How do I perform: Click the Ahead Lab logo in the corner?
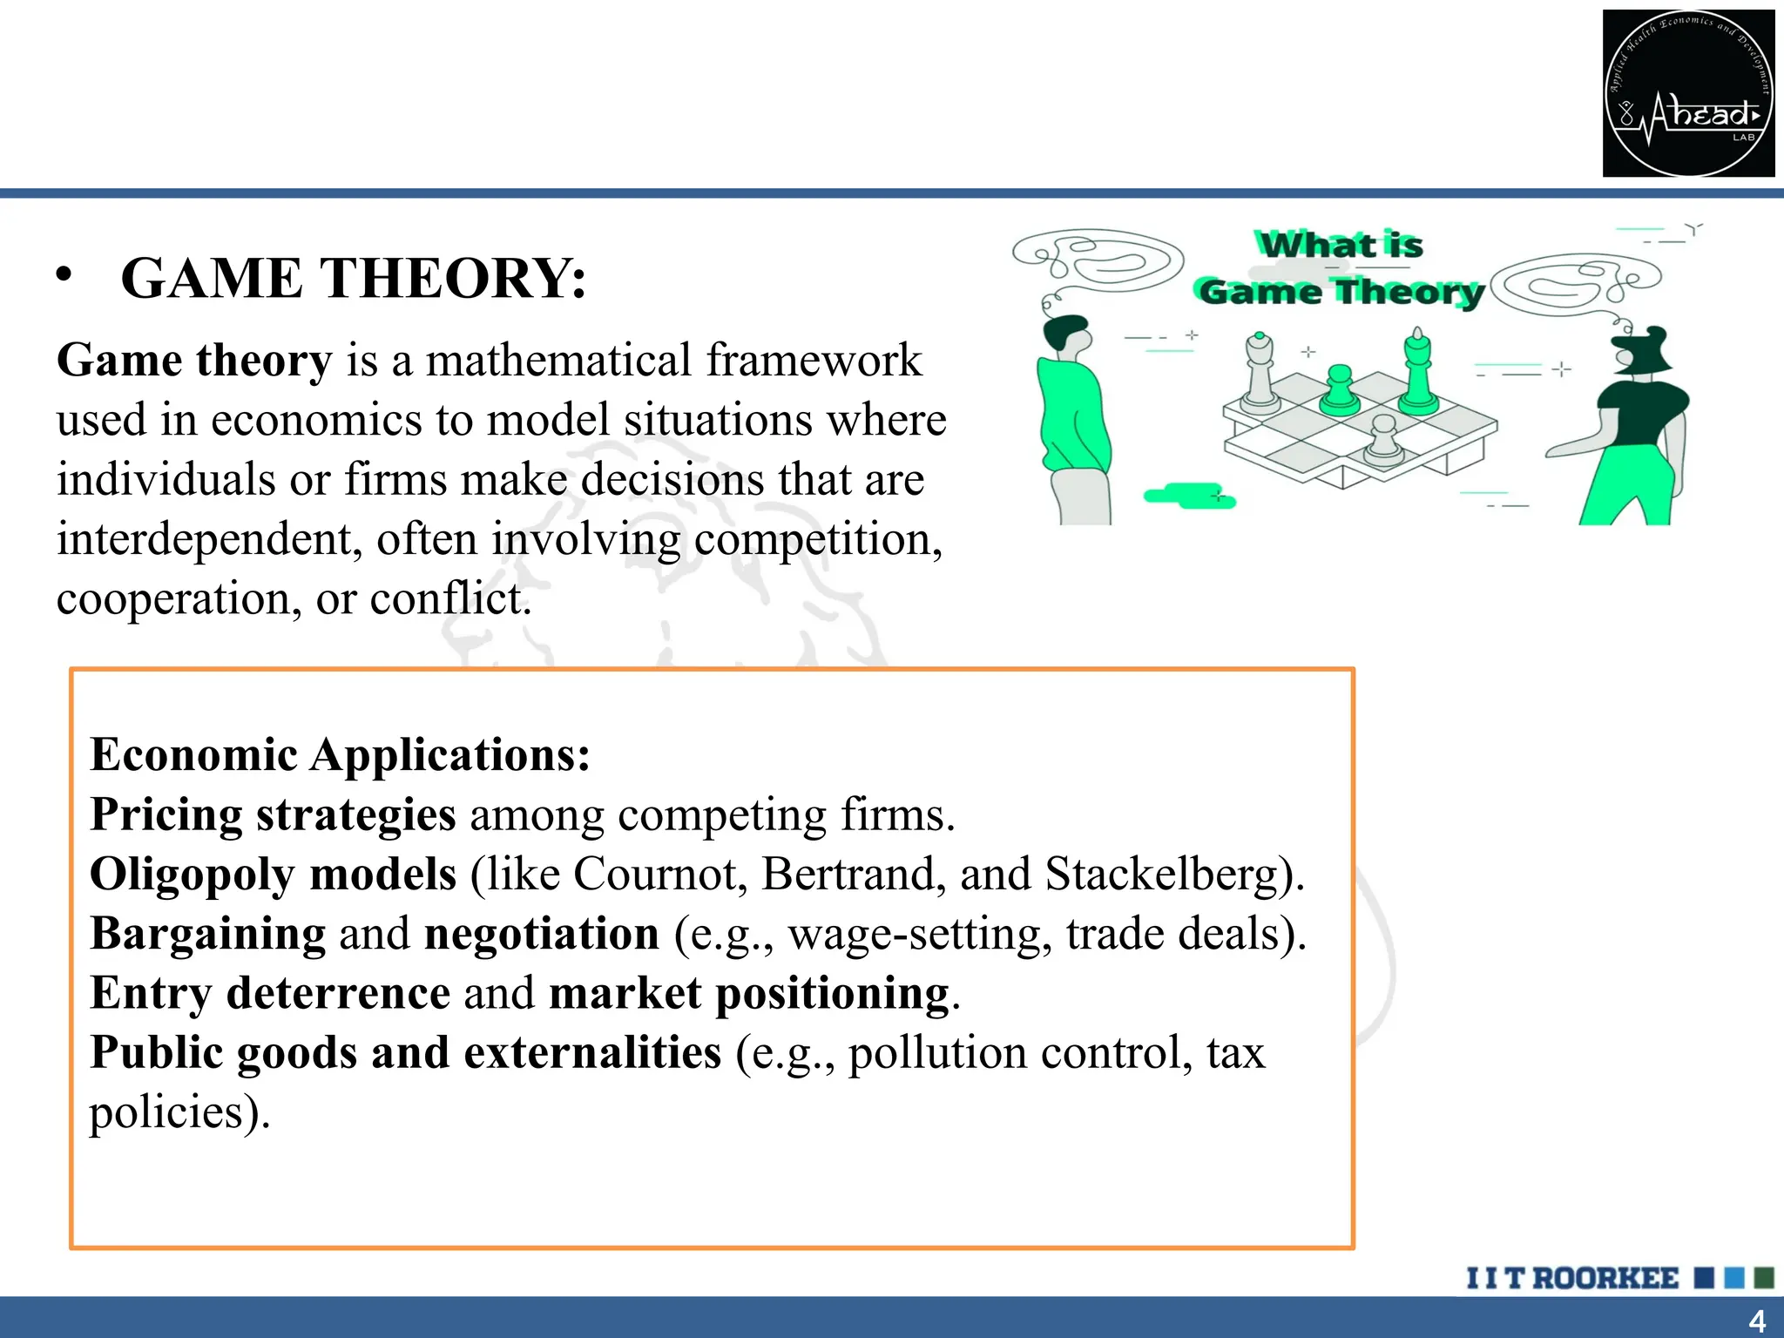pos(1688,93)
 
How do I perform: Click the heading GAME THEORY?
pos(353,279)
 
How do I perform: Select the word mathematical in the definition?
pos(557,361)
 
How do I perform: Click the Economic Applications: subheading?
pos(340,754)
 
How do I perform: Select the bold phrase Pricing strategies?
pos(273,815)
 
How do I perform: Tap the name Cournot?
pos(659,874)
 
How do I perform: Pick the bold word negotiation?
pos(541,934)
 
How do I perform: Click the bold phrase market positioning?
pos(749,993)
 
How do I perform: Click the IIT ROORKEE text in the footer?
pos(1572,1278)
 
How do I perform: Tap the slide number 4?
pos(1757,1321)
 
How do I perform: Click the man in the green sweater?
pos(1074,418)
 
